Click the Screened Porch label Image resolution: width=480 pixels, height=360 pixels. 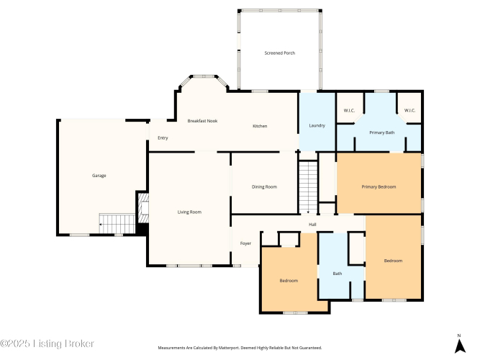280,53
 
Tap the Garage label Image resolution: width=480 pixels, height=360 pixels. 99,176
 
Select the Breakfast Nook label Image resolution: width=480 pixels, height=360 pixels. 202,121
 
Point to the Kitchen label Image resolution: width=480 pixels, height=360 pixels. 260,126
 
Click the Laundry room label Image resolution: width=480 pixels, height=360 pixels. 317,125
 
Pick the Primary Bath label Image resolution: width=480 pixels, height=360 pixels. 381,132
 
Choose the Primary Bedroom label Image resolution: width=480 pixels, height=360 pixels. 379,187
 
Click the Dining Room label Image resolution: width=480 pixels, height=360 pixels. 264,187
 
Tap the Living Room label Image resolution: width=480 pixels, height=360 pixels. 189,212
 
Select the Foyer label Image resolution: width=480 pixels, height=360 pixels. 245,243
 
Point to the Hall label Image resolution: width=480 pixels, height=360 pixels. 312,225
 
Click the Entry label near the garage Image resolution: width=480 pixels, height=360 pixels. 163,138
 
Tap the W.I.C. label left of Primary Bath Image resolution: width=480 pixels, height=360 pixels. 349,111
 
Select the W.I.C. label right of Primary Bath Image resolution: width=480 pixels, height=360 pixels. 409,111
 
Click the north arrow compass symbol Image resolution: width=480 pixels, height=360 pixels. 460,345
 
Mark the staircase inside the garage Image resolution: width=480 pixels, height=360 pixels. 117,224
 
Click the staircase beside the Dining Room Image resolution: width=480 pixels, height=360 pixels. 308,187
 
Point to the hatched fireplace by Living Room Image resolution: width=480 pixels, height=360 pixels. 143,208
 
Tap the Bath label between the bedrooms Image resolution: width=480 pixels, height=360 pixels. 338,274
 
